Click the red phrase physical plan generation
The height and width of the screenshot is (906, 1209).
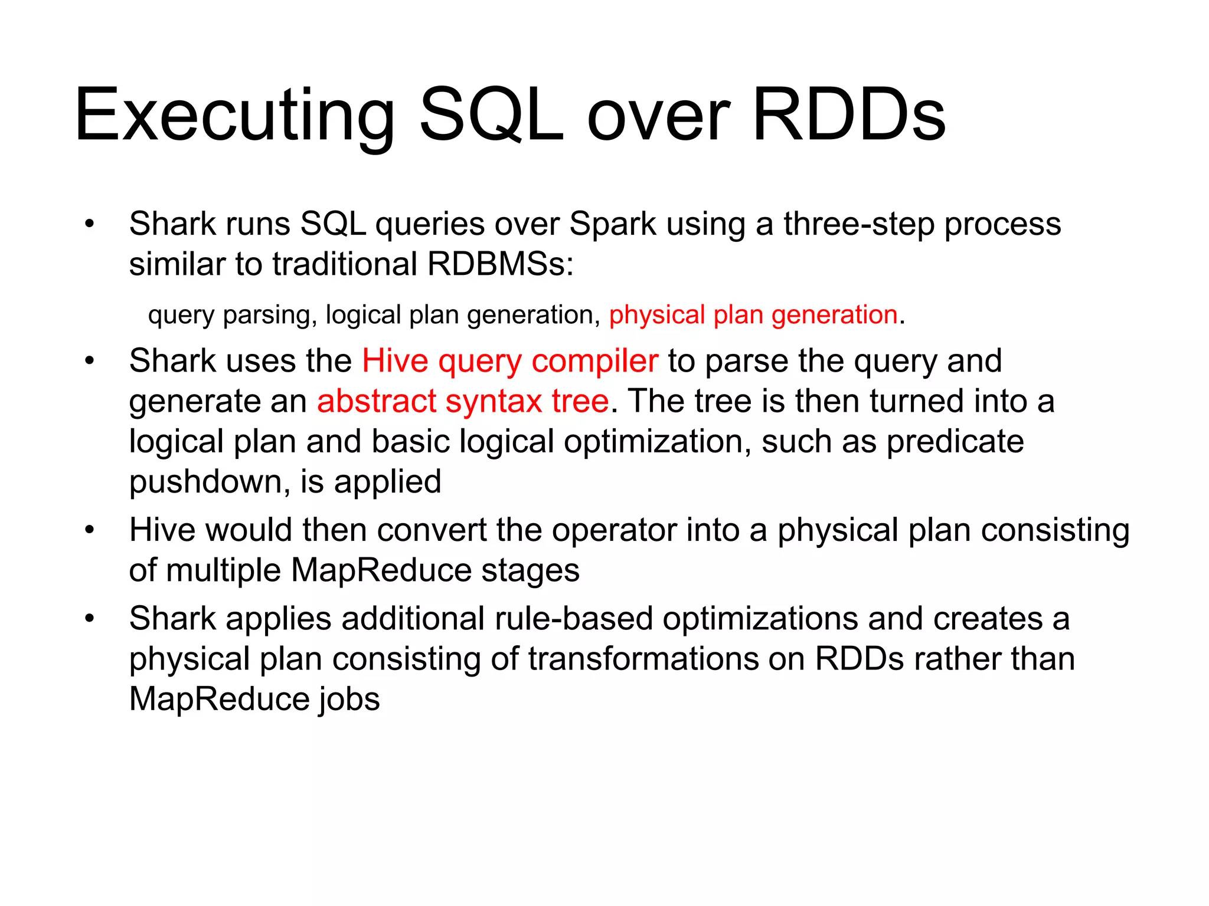click(753, 315)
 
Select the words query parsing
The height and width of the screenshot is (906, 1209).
click(229, 315)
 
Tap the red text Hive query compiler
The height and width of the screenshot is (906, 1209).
click(509, 361)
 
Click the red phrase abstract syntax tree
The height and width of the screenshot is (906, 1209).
click(463, 402)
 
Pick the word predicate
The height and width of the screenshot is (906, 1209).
click(955, 442)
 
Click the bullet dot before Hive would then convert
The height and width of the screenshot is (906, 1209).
click(89, 530)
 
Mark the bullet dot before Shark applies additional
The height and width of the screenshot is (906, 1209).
click(89, 619)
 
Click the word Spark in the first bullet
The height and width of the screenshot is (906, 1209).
click(613, 224)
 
